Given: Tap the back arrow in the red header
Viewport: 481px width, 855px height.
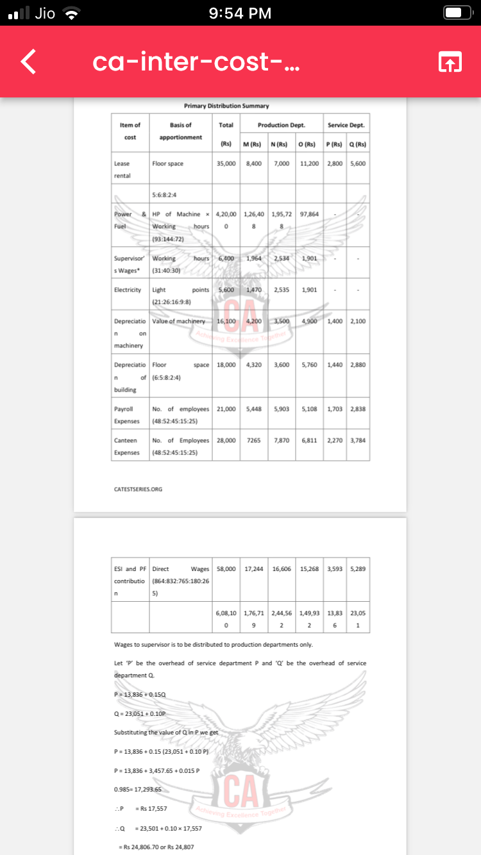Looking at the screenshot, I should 27,62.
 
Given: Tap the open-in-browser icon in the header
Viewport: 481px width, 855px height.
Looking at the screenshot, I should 449,62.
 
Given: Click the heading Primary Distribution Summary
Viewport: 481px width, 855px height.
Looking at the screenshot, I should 226,106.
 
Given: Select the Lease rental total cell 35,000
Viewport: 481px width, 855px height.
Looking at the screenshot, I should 226,163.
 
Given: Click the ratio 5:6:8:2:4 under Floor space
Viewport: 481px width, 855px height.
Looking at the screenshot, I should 165,194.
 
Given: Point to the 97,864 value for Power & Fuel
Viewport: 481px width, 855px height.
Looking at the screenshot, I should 309,214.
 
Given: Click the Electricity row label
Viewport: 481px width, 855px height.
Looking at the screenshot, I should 128,290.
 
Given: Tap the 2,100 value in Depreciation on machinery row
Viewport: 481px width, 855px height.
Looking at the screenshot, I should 358,320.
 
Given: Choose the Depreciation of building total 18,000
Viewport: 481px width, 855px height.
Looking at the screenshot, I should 226,365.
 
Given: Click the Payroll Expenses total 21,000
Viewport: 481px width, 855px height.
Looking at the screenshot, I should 226,408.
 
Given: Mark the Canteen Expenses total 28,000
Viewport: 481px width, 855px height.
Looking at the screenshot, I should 226,440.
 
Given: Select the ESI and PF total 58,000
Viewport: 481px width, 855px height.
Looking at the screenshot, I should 226,569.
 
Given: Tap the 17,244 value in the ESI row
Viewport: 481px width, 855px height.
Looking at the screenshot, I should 253,569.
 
